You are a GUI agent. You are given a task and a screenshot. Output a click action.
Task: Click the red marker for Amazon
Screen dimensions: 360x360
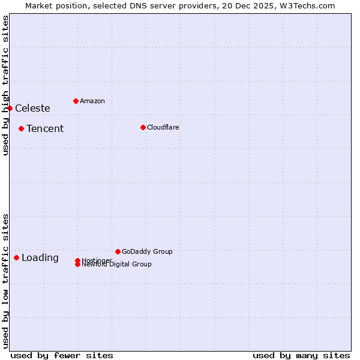76,101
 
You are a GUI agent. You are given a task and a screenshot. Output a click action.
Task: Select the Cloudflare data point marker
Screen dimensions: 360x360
143,127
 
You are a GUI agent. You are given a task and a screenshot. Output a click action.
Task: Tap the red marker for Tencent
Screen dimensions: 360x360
21,128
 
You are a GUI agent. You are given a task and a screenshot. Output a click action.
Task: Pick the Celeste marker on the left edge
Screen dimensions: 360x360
10,108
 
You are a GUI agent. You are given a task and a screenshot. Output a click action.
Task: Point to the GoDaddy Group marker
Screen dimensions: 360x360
118,251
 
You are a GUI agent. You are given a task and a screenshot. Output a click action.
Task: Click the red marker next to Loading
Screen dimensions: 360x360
16,257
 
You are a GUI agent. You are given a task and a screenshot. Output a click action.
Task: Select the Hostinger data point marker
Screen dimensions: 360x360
77,260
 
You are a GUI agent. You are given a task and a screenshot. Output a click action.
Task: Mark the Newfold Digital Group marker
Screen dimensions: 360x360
77,265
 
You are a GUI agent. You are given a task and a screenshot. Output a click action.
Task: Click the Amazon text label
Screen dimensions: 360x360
92,101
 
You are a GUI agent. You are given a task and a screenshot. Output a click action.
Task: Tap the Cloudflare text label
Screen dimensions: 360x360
163,127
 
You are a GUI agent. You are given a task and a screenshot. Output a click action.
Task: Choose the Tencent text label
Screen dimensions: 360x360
45,128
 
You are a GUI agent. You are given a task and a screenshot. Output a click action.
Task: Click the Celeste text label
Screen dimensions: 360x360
32,108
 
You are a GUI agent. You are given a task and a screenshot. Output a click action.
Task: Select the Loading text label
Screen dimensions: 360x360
40,258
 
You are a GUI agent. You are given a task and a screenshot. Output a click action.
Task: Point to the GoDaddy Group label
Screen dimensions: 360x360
147,251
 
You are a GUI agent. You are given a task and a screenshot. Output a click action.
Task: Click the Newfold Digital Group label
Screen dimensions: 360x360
117,265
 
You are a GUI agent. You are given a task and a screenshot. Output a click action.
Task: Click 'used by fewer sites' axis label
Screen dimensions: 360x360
62,355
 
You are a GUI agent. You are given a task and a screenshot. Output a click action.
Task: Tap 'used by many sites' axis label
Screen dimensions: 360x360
301,355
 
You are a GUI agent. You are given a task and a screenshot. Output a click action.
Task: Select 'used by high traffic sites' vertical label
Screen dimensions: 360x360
5,85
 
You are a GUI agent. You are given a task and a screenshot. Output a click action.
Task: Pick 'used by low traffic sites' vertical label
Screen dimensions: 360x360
5,281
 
